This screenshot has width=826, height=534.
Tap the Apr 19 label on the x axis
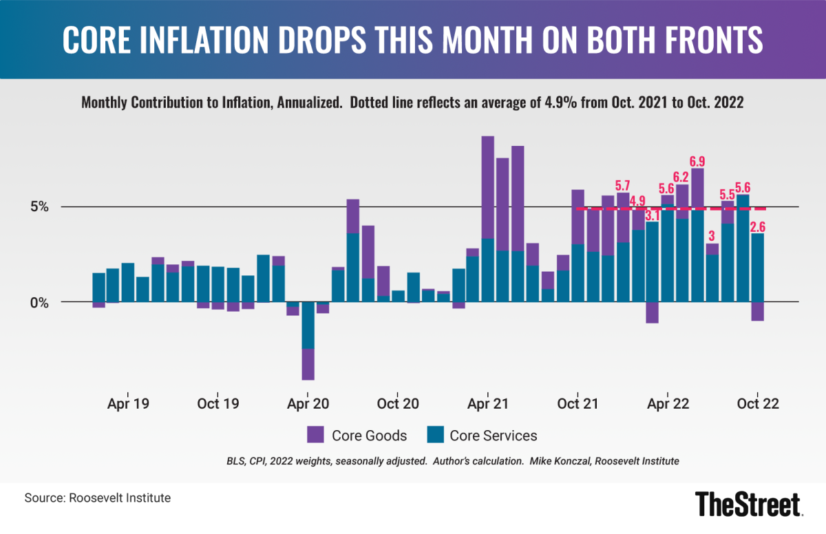point(129,404)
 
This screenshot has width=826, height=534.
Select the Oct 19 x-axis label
point(218,404)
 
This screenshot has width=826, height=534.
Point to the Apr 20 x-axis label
point(308,404)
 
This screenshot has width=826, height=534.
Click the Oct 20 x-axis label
point(399,404)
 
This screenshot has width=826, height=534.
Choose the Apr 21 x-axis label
point(488,404)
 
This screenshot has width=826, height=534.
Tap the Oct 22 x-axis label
point(757,404)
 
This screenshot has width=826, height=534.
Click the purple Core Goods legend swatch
point(316,434)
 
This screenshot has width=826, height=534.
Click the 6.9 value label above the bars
point(697,162)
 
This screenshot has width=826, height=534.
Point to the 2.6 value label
point(758,226)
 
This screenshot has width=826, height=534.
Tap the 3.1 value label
point(653,215)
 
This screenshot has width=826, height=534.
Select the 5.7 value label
point(623,186)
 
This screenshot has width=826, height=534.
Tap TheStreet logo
point(748,504)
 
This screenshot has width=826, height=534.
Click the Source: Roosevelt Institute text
point(97,498)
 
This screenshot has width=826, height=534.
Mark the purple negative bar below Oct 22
point(757,312)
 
